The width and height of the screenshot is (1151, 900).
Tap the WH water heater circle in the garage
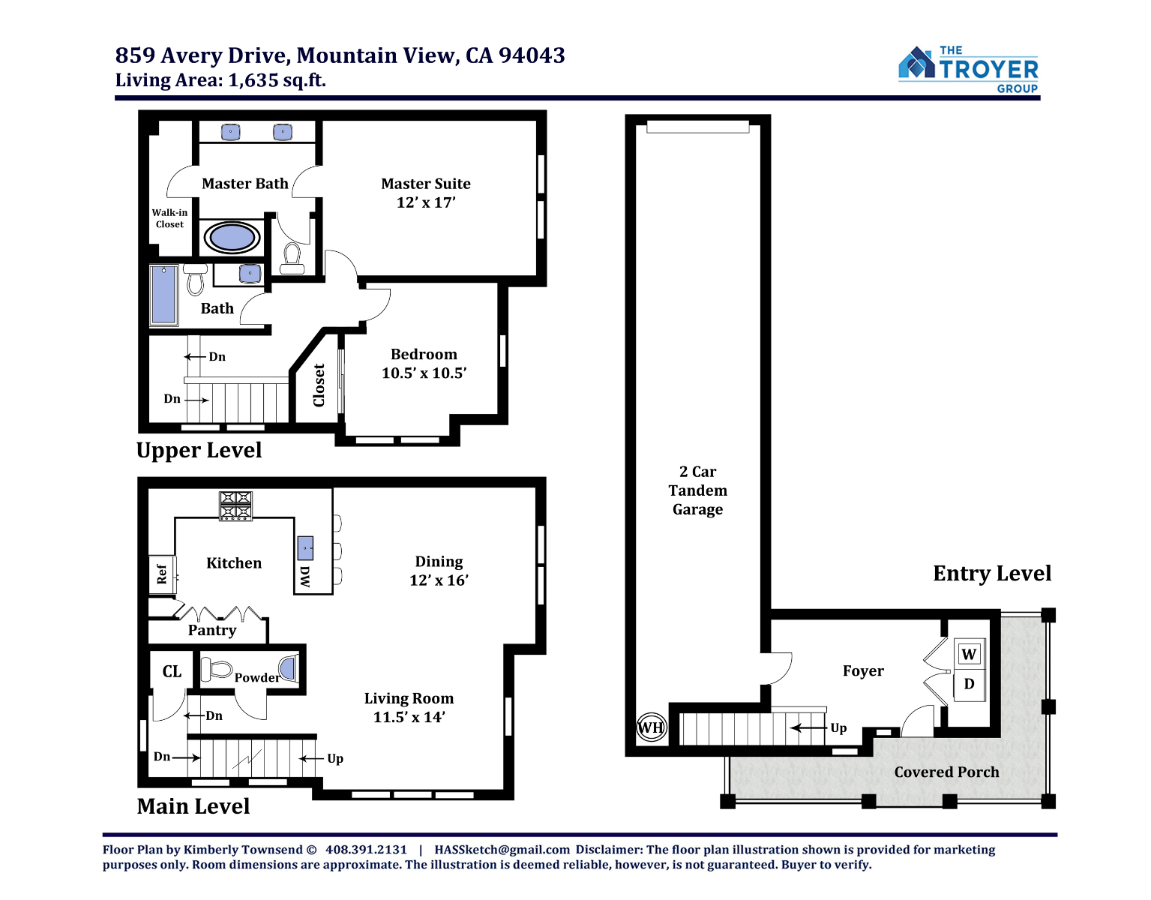click(651, 727)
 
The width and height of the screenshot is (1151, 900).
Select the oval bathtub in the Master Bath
click(232, 237)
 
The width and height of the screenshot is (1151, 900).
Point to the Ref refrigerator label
click(161, 574)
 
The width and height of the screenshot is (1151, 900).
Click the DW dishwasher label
click(304, 576)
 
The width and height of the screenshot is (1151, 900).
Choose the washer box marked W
click(969, 654)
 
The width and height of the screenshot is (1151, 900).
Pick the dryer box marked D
click(969, 684)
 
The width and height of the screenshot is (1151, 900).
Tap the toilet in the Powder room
click(216, 669)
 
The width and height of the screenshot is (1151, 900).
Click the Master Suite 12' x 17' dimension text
click(426, 202)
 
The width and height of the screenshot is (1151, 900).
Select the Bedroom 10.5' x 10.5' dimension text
click(424, 373)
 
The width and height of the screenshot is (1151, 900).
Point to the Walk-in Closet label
click(169, 218)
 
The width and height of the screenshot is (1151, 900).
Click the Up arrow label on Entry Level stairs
click(838, 728)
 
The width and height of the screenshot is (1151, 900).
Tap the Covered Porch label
click(946, 772)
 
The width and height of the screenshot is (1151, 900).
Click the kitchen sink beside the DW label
click(305, 548)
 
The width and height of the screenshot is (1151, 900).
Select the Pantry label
click(212, 630)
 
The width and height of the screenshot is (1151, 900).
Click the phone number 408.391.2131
click(366, 850)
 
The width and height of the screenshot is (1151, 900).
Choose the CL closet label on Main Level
click(172, 671)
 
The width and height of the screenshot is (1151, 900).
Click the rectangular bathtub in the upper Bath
click(163, 295)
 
